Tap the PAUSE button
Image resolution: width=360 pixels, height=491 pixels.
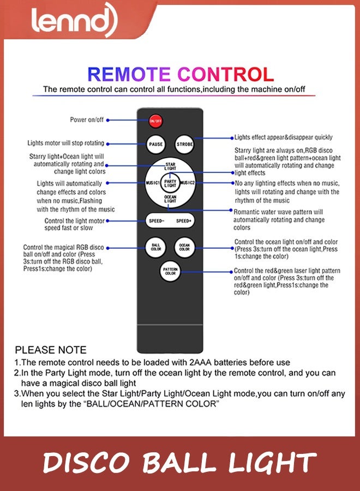pos(155,144)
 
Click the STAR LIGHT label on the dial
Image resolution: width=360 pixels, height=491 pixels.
pos(170,166)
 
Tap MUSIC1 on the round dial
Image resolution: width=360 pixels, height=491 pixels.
pos(153,183)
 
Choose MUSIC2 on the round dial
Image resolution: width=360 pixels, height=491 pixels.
pos(187,183)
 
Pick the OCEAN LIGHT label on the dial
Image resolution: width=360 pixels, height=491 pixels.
pos(170,200)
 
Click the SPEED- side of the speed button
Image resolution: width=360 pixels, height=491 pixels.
pos(157,221)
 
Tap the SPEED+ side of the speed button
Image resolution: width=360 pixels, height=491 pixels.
pos(183,221)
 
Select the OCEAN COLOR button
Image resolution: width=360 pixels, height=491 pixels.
pos(184,247)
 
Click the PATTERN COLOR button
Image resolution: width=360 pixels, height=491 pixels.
pos(170,271)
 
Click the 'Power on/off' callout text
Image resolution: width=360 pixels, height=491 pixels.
pos(87,119)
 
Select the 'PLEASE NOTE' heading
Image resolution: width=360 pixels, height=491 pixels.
pos(50,350)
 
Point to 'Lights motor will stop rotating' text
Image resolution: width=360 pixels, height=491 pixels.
pos(65,143)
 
